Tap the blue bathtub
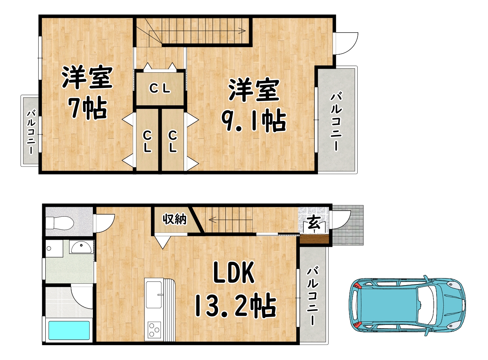pyautogui.click(x=69, y=330)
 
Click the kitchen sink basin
pyautogui.click(x=154, y=294)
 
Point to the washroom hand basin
pyautogui.click(x=81, y=247)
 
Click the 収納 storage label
pyautogui.click(x=174, y=219)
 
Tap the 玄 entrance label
pyautogui.click(x=314, y=222)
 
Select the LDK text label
pyautogui.click(x=234, y=272)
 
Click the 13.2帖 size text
pyautogui.click(x=235, y=305)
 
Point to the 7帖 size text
pyautogui.click(x=87, y=108)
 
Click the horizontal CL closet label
pyautogui.click(x=160, y=88)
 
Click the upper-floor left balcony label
pyautogui.click(x=31, y=132)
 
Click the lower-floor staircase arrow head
pyautogui.click(x=212, y=219)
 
